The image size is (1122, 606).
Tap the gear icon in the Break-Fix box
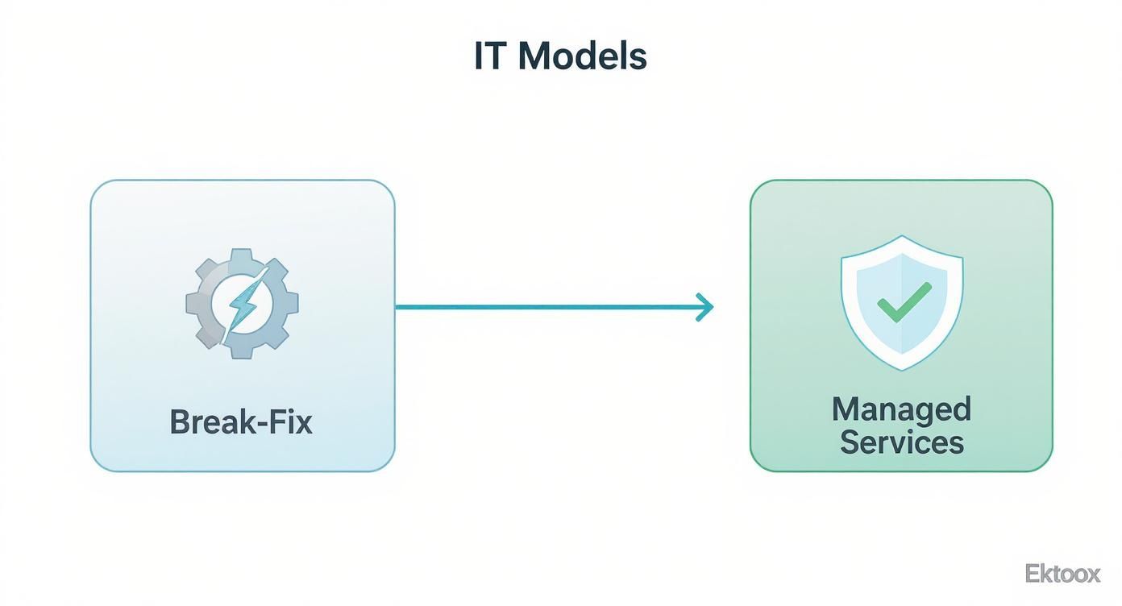(242, 304)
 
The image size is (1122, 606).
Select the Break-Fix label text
(241, 422)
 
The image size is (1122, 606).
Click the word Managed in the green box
(901, 409)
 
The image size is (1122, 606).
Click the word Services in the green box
(901, 442)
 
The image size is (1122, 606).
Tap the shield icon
(902, 302)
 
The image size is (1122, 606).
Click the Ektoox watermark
(1062, 574)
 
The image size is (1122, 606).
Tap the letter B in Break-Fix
(179, 422)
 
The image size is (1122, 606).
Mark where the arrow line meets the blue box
(395, 307)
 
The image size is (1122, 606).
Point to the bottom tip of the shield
(902, 369)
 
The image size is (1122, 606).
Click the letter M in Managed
(846, 409)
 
